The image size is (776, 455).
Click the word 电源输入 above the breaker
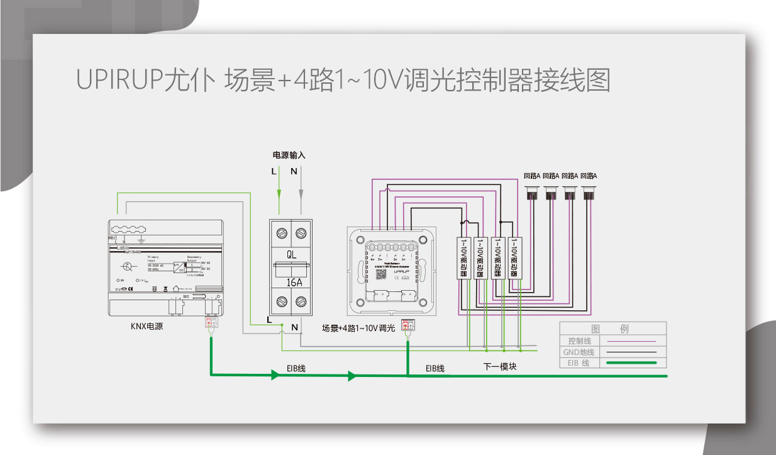(x=289, y=155)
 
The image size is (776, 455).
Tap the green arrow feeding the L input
(x=279, y=193)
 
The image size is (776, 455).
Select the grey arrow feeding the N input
(x=301, y=193)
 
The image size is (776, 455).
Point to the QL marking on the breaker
(x=292, y=255)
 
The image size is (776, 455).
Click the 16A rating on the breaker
(x=294, y=283)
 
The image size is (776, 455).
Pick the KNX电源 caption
(x=147, y=327)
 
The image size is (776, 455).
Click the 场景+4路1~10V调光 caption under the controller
(x=358, y=328)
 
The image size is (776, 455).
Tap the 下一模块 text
(x=500, y=366)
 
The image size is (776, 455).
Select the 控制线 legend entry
(x=579, y=341)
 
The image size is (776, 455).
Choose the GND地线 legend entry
(x=579, y=352)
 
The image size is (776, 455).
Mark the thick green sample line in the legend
(x=629, y=363)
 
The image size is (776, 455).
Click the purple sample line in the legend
(x=629, y=341)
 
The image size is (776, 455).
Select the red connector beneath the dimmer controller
(x=408, y=325)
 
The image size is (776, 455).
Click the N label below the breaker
(x=294, y=326)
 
